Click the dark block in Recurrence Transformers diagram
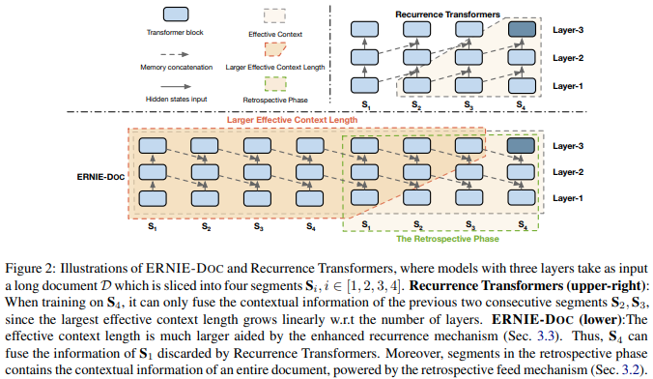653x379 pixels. [x=522, y=29]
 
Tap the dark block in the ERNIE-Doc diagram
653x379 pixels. [x=521, y=146]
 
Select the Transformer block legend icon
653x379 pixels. [x=176, y=15]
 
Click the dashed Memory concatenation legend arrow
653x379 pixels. [x=175, y=54]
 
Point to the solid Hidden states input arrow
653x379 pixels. [x=176, y=87]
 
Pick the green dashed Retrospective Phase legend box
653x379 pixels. [x=275, y=84]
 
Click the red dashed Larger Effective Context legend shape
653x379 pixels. [x=275, y=49]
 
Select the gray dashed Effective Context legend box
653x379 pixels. [x=274, y=15]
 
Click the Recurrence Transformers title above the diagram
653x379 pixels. [x=447, y=15]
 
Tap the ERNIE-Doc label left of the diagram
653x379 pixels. [x=100, y=177]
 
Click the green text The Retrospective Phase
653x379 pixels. [x=447, y=239]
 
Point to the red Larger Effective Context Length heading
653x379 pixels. [x=292, y=120]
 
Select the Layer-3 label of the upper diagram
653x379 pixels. [x=568, y=30]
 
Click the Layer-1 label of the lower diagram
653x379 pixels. [x=568, y=198]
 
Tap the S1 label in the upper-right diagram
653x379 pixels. [x=366, y=105]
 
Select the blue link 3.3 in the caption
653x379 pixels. [x=546, y=336]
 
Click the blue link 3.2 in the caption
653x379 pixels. [x=630, y=369]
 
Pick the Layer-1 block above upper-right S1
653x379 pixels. [x=364, y=85]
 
